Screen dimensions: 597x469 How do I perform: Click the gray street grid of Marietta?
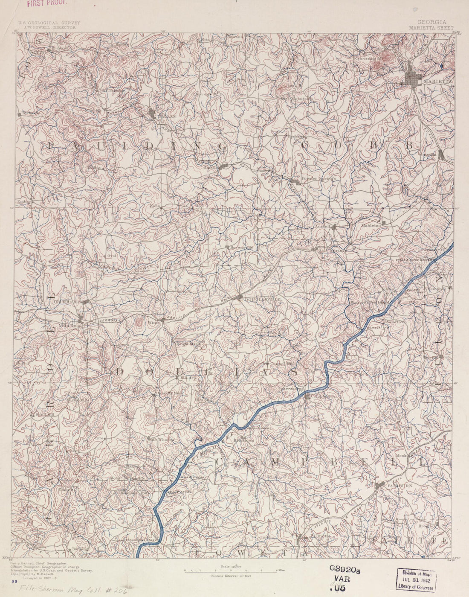pyautogui.click(x=413, y=78)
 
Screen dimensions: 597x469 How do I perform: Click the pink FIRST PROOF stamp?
pyautogui.click(x=46, y=3)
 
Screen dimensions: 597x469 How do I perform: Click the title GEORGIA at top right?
pyautogui.click(x=431, y=22)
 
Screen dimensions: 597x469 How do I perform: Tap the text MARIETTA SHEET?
pyautogui.click(x=431, y=27)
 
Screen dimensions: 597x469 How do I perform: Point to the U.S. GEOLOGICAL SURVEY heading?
pyautogui.click(x=48, y=23)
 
